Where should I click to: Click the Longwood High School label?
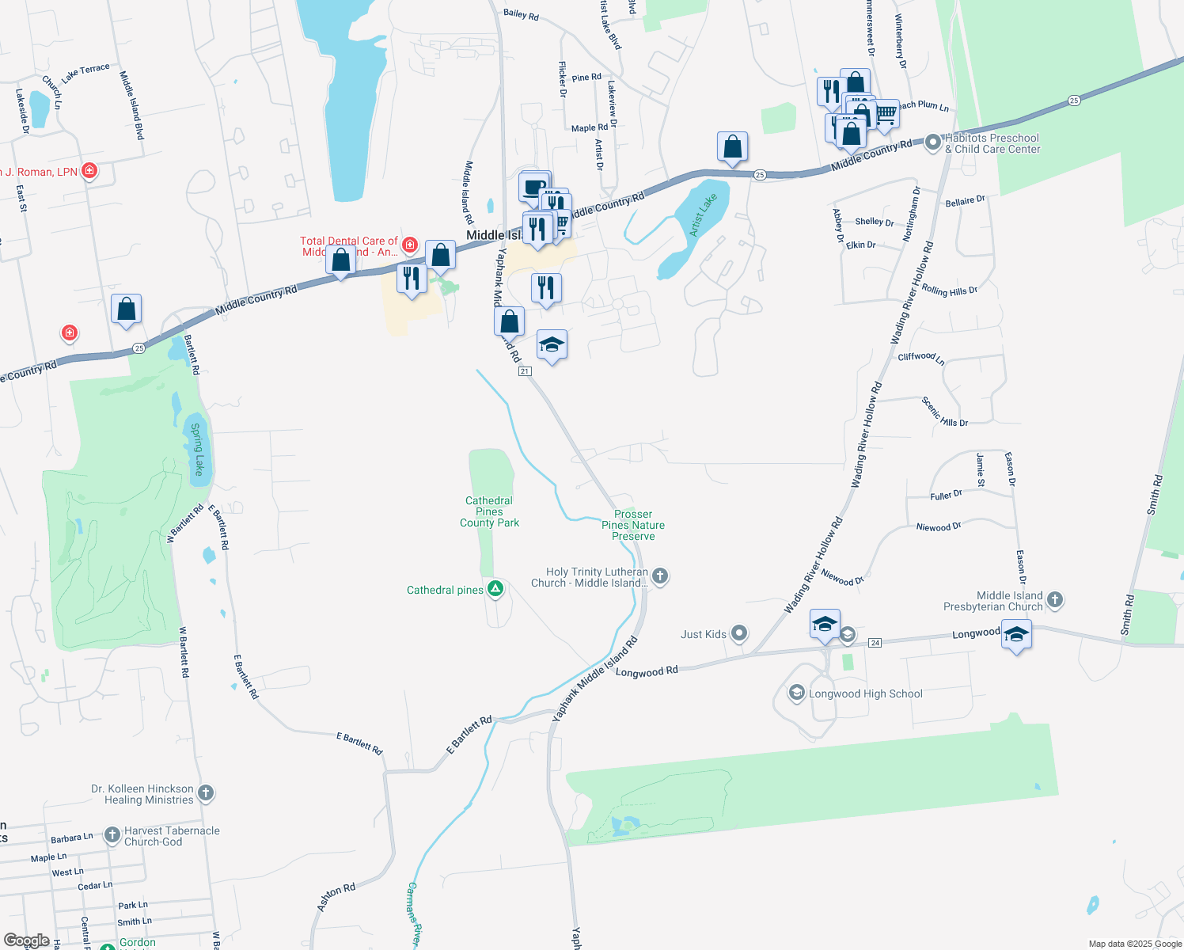pos(865,694)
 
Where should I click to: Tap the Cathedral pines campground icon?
pos(495,589)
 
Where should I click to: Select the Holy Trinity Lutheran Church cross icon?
pos(660,577)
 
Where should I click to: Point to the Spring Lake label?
pos(198,449)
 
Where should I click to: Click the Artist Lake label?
pos(703,215)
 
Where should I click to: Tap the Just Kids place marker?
pos(739,633)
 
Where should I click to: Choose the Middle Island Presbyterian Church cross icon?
pos(1055,601)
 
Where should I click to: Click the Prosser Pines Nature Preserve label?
pos(633,525)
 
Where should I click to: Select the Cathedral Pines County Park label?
pos(490,511)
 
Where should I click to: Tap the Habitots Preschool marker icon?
pos(933,142)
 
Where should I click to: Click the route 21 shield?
pos(524,371)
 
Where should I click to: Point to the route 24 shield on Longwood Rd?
pos(875,643)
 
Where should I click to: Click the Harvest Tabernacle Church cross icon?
pos(112,834)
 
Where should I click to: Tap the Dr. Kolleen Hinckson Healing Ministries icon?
pos(205,792)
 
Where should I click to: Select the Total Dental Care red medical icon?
pos(410,245)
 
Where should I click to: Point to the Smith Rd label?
pos(1155,495)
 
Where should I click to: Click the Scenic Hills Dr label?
pos(944,412)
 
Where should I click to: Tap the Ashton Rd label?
pos(336,897)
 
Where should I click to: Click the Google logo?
pos(26,940)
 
